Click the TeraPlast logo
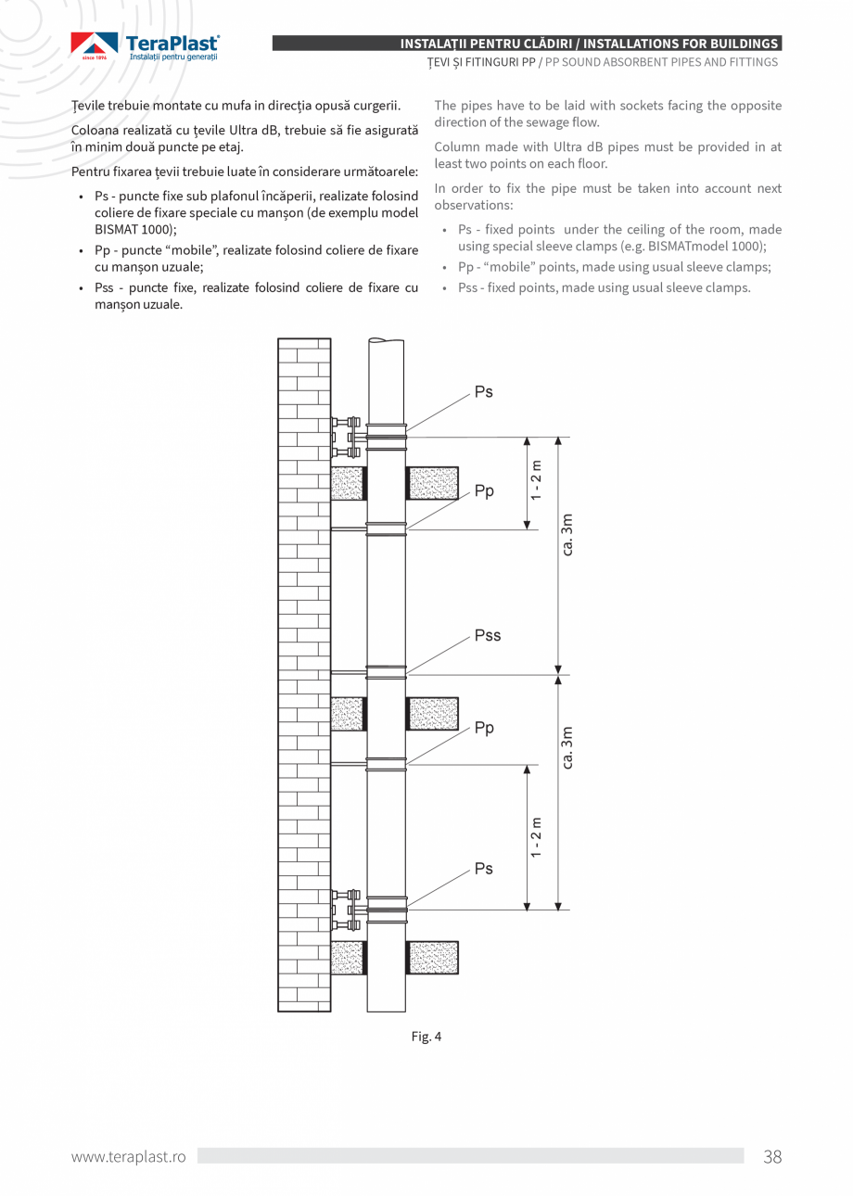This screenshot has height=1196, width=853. pos(146,46)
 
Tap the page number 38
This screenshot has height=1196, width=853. pos(772,1156)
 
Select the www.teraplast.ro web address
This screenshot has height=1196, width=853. pos(129,1156)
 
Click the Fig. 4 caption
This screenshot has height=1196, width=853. pos(426,1037)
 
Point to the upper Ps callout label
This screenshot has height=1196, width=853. pos(483,392)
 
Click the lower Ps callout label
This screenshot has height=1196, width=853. pos(483,869)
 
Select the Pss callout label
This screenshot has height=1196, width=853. pos(487,636)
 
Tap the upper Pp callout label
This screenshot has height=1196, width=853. pos(484,491)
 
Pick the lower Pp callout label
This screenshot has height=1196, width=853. pos(484,729)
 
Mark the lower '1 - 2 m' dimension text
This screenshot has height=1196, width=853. pos(537,837)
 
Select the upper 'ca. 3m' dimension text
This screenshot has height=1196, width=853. pos(567,535)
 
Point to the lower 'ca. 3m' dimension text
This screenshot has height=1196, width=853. pos(567,748)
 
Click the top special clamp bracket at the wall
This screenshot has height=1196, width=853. pos(347,437)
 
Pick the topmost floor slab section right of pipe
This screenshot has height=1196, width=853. pos(433,483)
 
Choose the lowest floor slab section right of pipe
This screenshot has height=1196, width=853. pos(433,958)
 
